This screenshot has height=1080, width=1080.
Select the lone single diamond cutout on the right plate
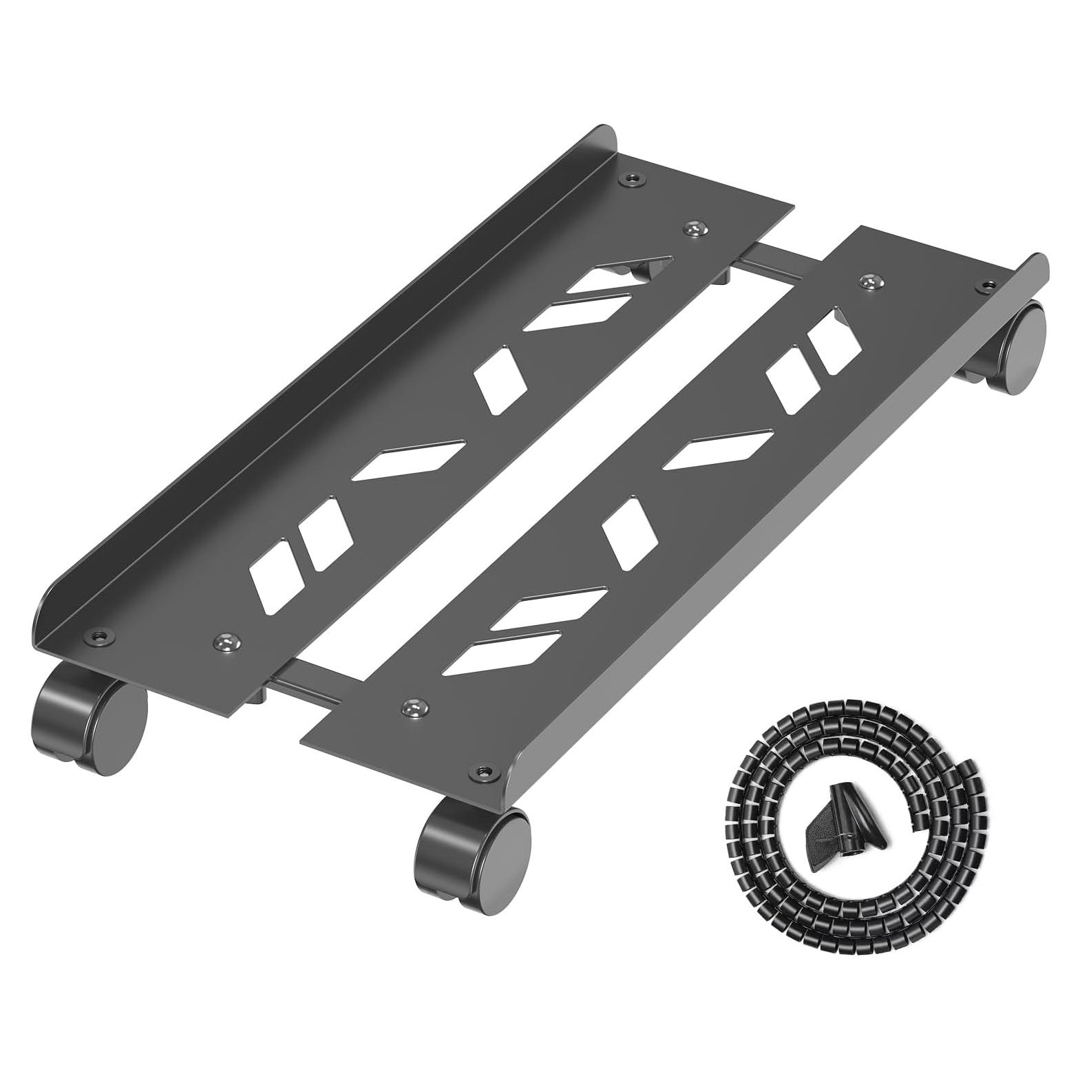[624, 533]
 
